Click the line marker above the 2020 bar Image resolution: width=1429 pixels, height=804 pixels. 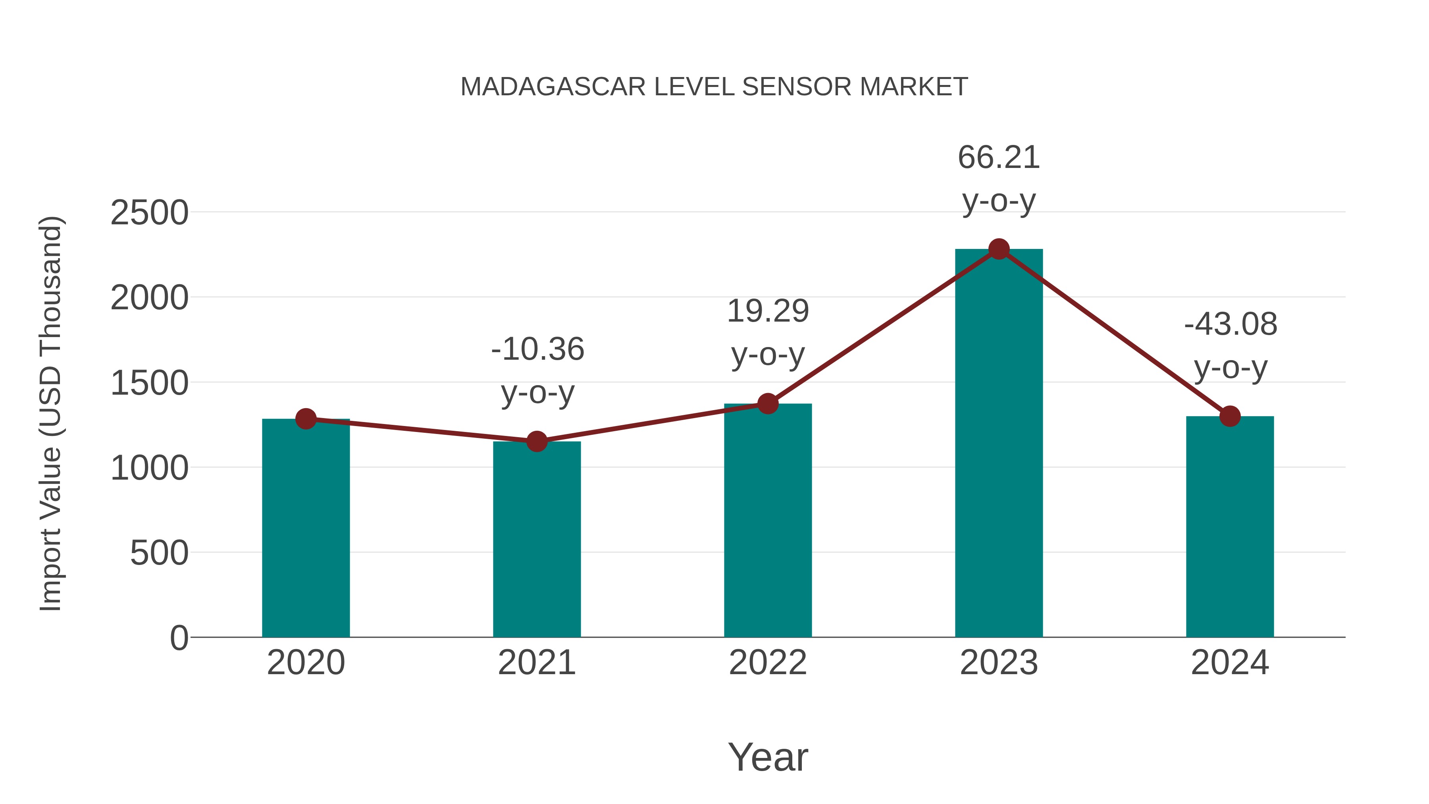pyautogui.click(x=306, y=419)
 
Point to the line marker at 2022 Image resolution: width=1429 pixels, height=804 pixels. pyautogui.click(x=768, y=404)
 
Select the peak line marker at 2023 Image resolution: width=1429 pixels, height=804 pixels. pyautogui.click(x=999, y=249)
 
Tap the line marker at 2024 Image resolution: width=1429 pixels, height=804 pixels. pyautogui.click(x=1230, y=416)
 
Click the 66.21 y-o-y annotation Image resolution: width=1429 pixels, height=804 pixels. pyautogui.click(x=999, y=179)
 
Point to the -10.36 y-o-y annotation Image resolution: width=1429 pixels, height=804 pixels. pyautogui.click(x=537, y=371)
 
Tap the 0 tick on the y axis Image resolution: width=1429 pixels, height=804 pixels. pyautogui.click(x=179, y=638)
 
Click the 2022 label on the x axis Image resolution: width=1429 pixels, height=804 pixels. pyautogui.click(x=768, y=663)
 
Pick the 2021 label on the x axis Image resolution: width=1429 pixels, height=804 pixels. pyautogui.click(x=536, y=663)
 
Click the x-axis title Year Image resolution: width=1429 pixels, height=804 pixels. pyautogui.click(x=768, y=757)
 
